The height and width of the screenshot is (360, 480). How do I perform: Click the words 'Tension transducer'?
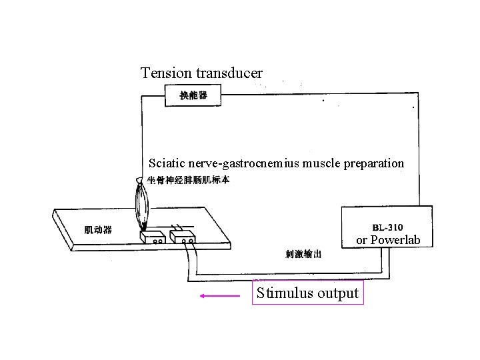(x=201, y=72)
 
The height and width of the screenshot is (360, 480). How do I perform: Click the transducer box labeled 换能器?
(x=193, y=96)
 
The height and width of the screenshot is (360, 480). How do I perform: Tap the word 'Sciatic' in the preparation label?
(x=167, y=163)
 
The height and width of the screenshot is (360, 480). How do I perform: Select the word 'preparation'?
(x=374, y=163)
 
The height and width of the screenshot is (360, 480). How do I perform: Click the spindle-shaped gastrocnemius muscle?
(x=142, y=203)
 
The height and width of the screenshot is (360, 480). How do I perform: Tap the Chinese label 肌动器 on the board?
(x=98, y=230)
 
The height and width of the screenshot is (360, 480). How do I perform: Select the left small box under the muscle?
(x=153, y=237)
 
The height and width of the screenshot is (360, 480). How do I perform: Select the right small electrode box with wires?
(x=183, y=237)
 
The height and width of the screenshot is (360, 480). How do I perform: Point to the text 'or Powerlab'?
(x=388, y=240)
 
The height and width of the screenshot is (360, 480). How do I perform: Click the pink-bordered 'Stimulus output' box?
(x=308, y=293)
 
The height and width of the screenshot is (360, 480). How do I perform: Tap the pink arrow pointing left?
(x=219, y=294)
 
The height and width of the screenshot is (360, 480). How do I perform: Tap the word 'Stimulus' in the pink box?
(x=285, y=293)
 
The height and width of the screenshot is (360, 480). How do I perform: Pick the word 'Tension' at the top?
(x=162, y=72)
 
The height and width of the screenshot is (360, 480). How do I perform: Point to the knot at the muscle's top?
(x=139, y=180)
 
